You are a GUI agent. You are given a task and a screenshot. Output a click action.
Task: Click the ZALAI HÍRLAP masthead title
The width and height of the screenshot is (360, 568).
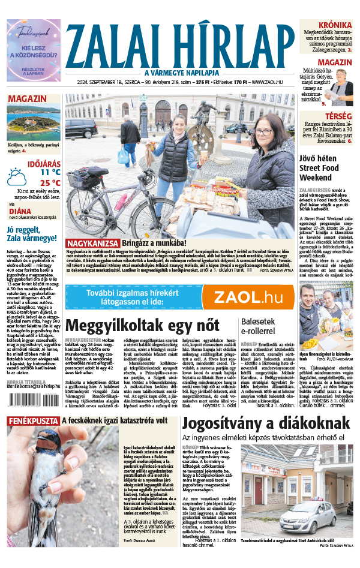[x=180, y=42]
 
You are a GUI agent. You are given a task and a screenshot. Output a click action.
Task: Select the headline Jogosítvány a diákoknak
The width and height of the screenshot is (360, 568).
[x=265, y=423]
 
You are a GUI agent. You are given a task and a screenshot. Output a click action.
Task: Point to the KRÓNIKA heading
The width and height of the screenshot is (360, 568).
[x=335, y=25]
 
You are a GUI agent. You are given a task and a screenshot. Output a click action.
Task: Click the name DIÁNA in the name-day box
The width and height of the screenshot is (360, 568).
[x=20, y=211]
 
